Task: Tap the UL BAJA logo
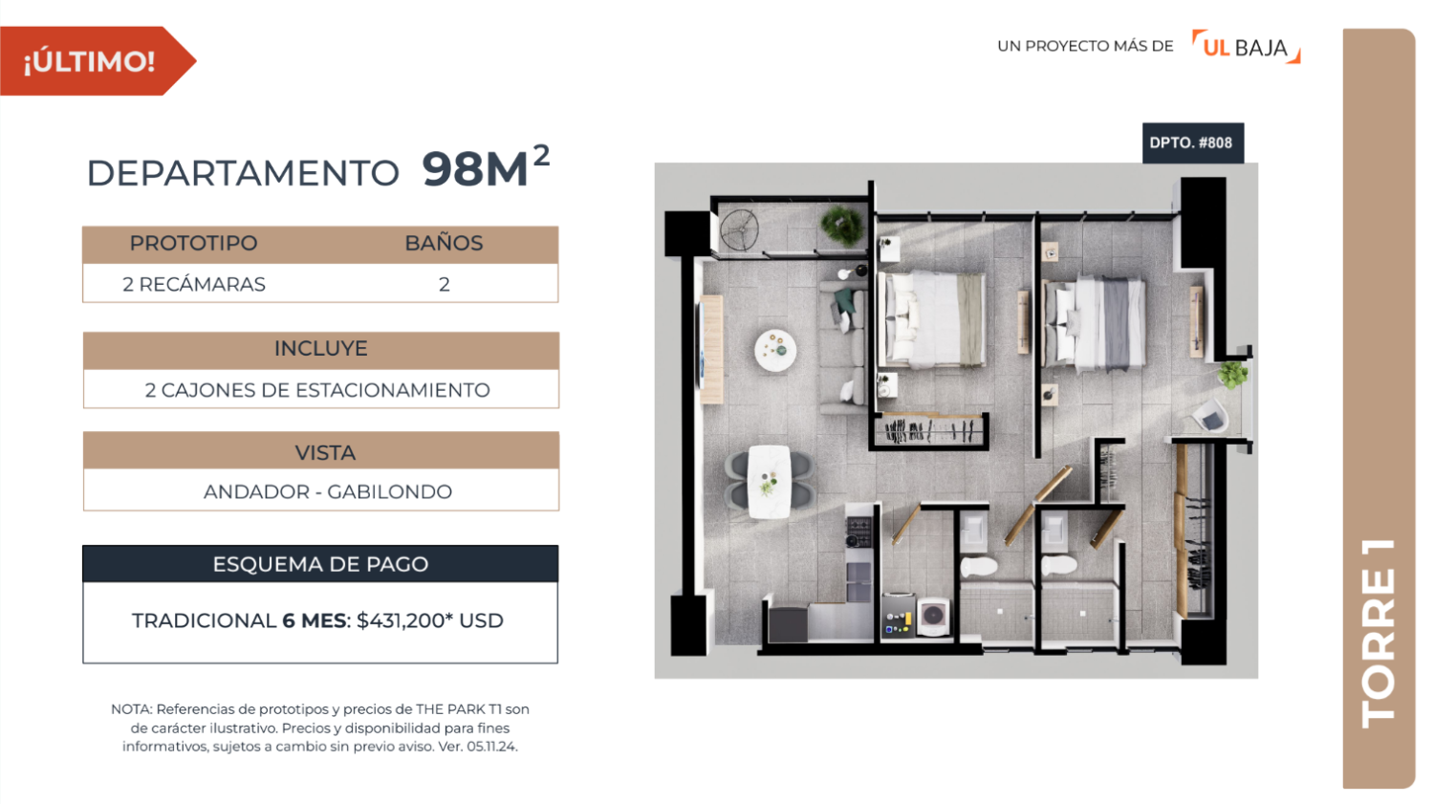tap(1246, 47)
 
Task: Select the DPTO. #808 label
tap(1193, 142)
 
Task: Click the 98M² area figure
tap(486, 167)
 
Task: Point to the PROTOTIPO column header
tap(193, 243)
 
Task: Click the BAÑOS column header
tap(444, 243)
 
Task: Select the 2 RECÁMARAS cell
tap(194, 284)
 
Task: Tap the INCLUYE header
tap(320, 348)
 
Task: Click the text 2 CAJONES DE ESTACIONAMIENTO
tap(317, 390)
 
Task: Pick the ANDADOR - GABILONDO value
tap(328, 491)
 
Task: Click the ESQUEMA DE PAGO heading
tap(320, 564)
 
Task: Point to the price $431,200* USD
tap(430, 620)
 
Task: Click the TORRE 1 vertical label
tap(1379, 633)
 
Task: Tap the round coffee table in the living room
tap(775, 350)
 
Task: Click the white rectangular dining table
tap(770, 482)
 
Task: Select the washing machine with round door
tap(933, 616)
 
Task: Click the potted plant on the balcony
tap(842, 225)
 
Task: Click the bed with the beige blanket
tap(931, 320)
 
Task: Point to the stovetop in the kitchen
tap(859, 532)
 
